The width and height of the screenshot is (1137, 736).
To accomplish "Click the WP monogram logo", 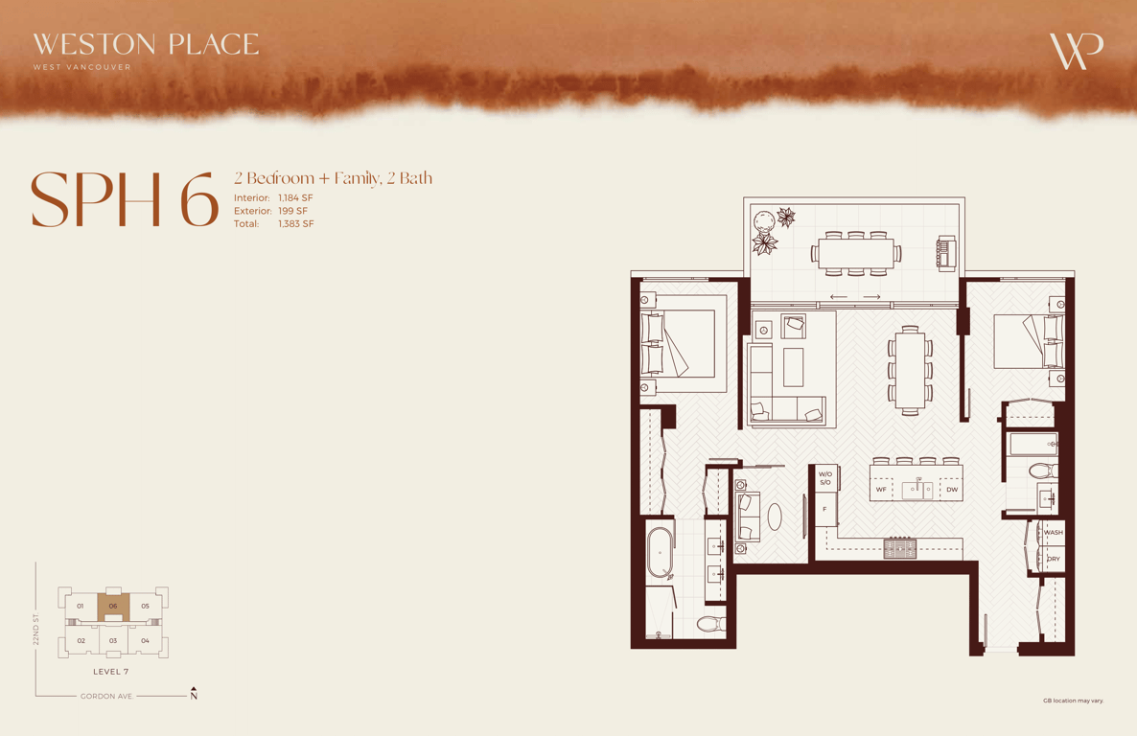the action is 1076,51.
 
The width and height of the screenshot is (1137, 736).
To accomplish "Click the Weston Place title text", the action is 146,44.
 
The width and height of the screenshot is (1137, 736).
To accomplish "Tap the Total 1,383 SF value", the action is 296,224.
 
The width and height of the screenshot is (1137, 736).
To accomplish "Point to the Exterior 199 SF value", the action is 293,211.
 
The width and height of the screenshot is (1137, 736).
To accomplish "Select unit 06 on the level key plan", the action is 113,607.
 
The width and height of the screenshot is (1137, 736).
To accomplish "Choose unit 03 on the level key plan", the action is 113,640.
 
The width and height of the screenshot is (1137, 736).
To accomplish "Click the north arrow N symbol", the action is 194,694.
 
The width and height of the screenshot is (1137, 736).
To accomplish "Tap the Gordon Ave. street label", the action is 106,696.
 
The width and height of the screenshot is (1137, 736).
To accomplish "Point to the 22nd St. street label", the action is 35,629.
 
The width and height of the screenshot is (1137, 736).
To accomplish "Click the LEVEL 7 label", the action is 111,672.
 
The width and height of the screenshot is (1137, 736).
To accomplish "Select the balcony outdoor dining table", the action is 856,254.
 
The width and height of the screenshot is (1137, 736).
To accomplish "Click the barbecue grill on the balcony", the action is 946,253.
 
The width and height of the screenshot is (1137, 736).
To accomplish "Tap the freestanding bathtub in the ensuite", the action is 660,553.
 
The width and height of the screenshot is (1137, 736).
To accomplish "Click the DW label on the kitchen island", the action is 952,490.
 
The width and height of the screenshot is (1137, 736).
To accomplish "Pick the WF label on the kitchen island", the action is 881,490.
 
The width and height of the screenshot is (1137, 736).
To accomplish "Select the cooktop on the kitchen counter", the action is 900,548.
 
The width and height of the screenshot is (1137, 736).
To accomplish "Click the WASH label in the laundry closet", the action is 1053,532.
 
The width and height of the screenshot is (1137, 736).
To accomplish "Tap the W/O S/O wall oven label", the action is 825,478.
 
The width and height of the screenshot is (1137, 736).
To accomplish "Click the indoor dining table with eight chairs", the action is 910,370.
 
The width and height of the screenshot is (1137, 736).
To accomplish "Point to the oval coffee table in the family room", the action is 775,517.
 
